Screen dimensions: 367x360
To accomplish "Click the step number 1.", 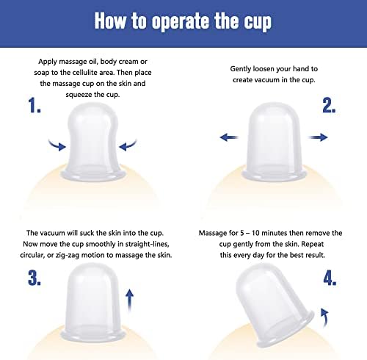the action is pyautogui.click(x=34, y=105).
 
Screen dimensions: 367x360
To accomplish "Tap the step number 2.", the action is pyautogui.click(x=329, y=105).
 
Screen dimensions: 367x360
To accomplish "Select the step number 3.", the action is pyautogui.click(x=34, y=278).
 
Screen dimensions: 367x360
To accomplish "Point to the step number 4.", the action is pyautogui.click(x=330, y=278).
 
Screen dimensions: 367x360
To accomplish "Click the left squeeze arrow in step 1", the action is pyautogui.click(x=57, y=145).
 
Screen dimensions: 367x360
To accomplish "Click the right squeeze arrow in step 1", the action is pyautogui.click(x=128, y=145).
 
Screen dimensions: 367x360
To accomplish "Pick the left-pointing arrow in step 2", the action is pyautogui.click(x=229, y=137).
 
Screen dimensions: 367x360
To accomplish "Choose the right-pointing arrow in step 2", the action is pyautogui.click(x=318, y=137).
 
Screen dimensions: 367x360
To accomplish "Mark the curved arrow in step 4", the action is pyautogui.click(x=325, y=317).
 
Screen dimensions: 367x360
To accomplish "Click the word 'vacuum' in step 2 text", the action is pyautogui.click(x=264, y=80).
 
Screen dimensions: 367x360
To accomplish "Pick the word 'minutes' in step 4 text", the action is pyautogui.click(x=275, y=233).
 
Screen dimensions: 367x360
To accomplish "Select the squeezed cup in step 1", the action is pyautogui.click(x=93, y=142).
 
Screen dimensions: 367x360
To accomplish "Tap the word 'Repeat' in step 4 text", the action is pyautogui.click(x=312, y=245).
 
